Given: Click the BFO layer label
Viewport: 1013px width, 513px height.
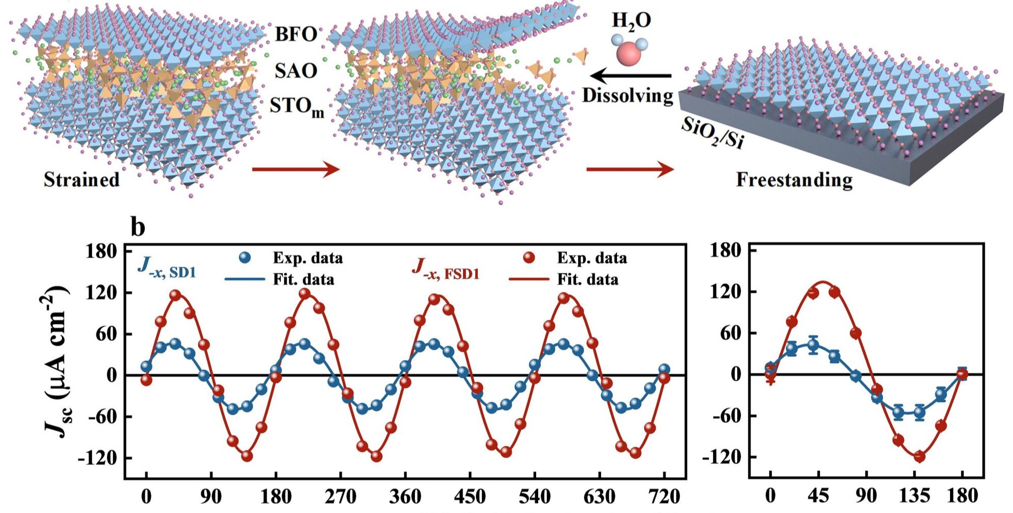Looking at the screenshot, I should coord(296,34).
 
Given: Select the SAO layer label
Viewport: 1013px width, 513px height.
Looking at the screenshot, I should coord(296,71).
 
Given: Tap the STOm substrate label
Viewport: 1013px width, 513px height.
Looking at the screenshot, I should coord(297,107).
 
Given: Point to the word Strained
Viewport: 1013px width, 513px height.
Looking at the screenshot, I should coord(81,180).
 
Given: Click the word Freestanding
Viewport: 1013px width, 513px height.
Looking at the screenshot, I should coord(794,180).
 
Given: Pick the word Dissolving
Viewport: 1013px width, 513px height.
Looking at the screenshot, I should coord(627,96).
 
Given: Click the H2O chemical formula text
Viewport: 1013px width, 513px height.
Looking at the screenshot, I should coord(631,21).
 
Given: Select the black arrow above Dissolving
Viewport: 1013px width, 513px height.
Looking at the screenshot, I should coord(630,76).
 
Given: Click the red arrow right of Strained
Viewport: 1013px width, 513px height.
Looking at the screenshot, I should coord(296,169).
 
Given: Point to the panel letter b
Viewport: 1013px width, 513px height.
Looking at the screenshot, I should coord(138,227).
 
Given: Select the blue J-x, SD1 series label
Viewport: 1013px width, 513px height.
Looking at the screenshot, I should coord(167,268).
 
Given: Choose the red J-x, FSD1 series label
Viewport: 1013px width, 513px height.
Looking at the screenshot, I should coord(445,270).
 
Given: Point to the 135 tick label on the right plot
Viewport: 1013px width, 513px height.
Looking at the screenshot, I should coord(914,496).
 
